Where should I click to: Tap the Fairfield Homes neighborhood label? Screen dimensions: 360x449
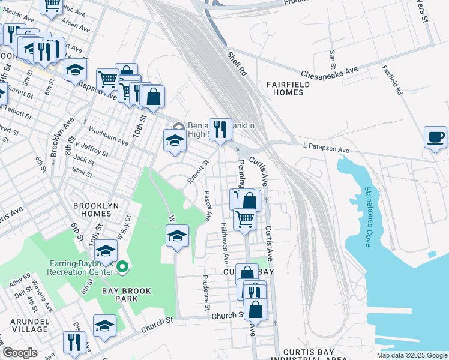pyautogui.click(x=292, y=89)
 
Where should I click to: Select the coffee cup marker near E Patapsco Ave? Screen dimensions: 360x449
pyautogui.click(x=435, y=137)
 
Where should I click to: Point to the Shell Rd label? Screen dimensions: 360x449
pyautogui.click(x=238, y=64)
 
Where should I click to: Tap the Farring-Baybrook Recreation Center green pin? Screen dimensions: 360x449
pyautogui.click(x=122, y=266)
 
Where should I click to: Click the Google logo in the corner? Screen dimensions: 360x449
pyautogui.click(x=20, y=352)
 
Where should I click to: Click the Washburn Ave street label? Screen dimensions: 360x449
pyautogui.click(x=109, y=135)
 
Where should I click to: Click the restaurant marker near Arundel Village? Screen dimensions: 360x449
pyautogui.click(x=74, y=343)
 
